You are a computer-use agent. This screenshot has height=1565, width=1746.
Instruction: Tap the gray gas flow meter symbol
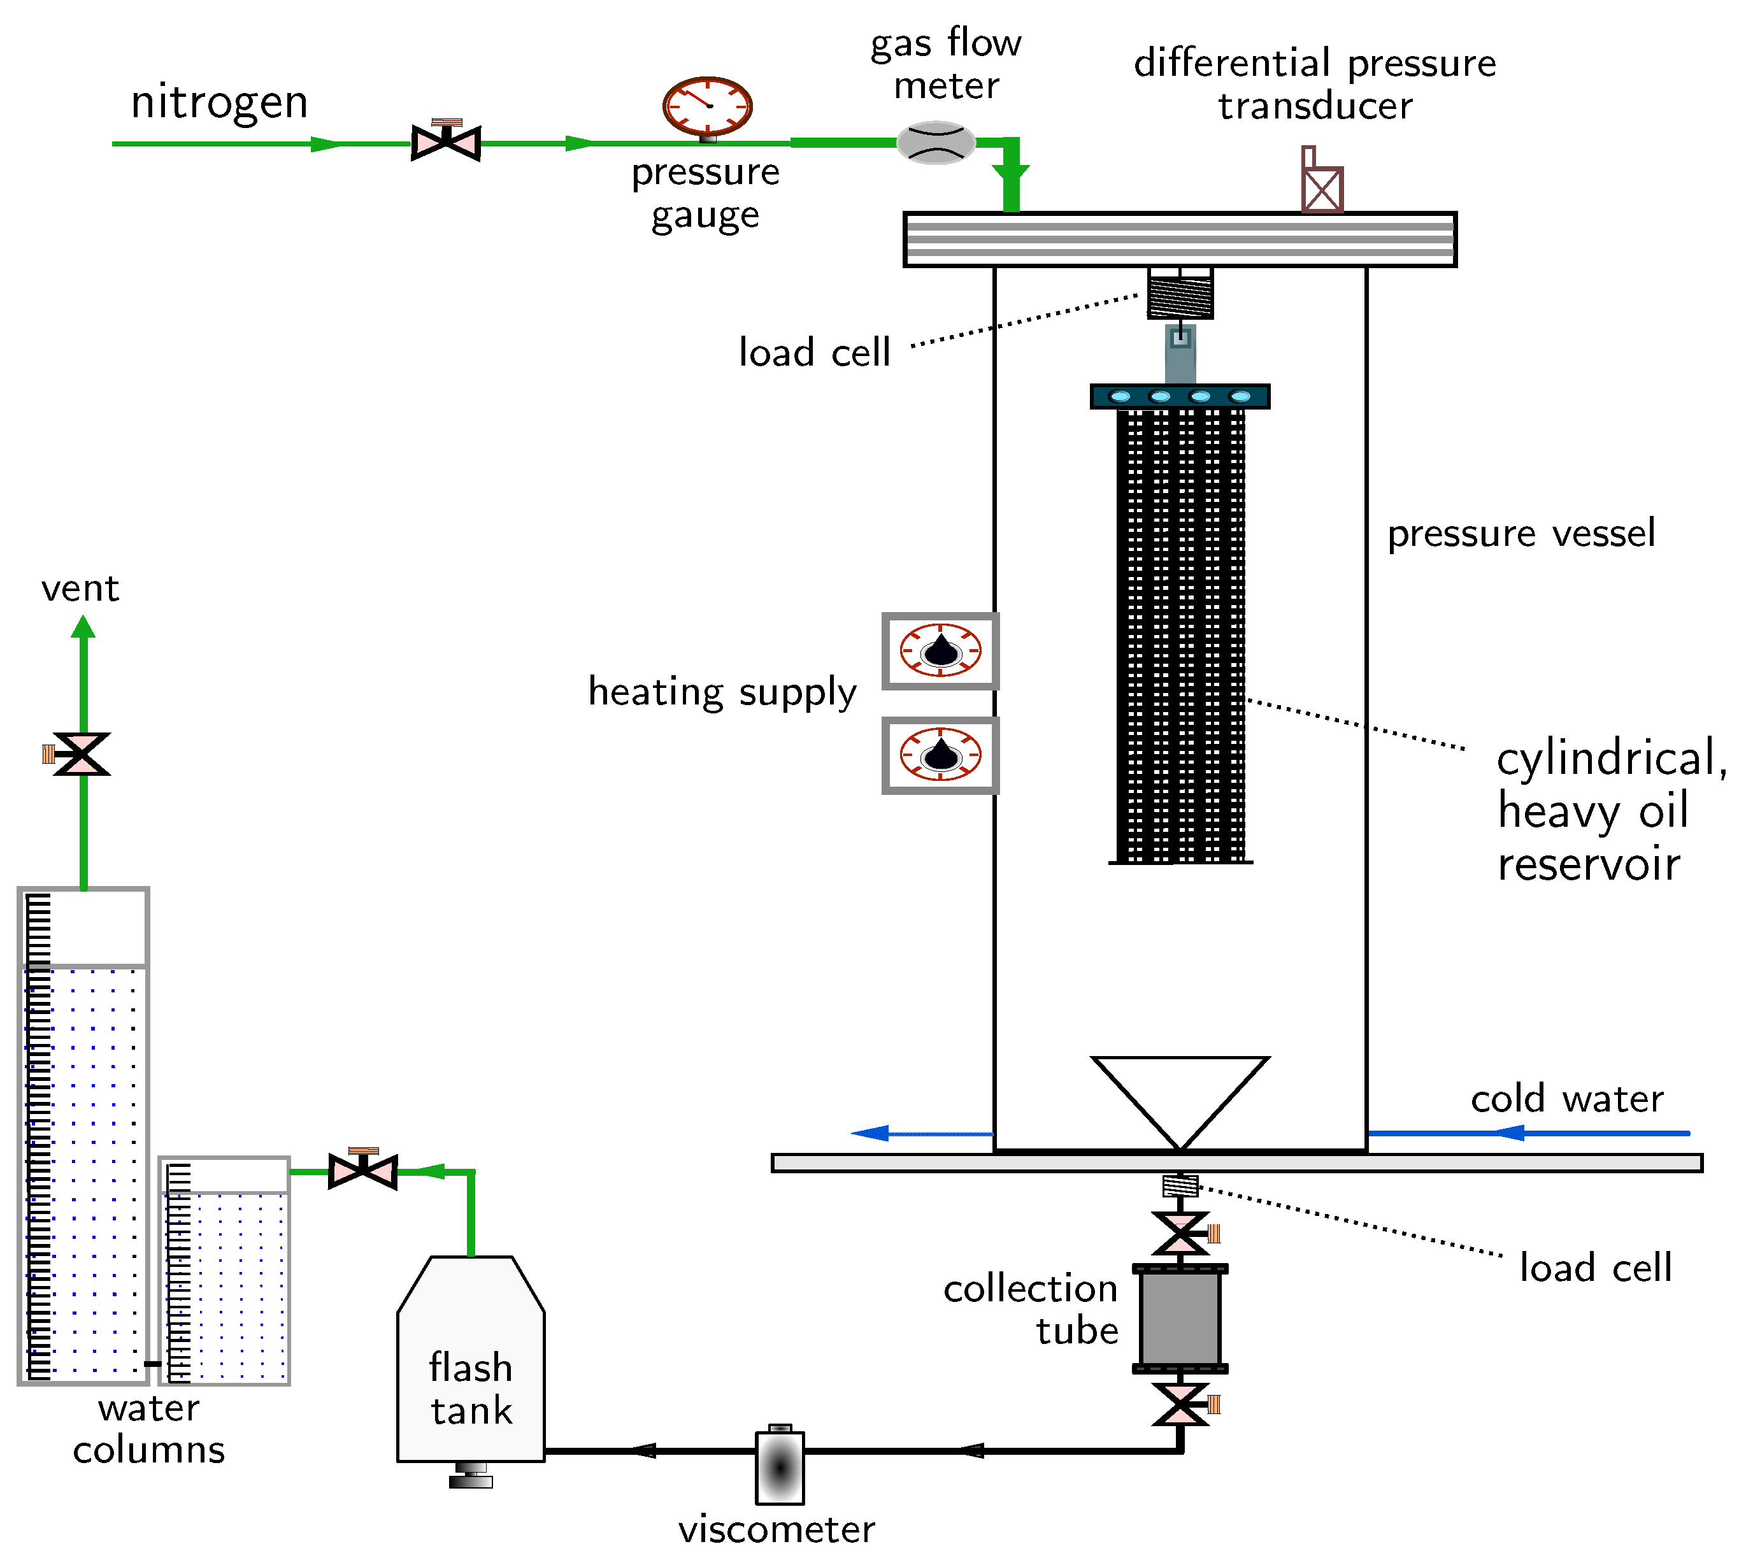pyautogui.click(x=936, y=143)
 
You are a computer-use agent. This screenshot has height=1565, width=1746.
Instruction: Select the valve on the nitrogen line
pyautogui.click(x=445, y=143)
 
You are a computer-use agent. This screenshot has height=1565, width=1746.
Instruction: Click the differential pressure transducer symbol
pyautogui.click(x=1321, y=187)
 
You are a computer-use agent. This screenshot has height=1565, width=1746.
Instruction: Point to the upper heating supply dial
pyautogui.click(x=940, y=651)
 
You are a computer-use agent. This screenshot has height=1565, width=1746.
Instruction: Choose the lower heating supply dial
pyautogui.click(x=940, y=755)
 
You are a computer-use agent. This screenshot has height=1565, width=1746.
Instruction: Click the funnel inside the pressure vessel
pyautogui.click(x=1179, y=1092)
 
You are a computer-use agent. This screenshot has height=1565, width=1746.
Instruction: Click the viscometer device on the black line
pyautogui.click(x=779, y=1468)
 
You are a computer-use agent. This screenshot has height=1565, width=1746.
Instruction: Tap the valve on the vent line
pyautogui.click(x=82, y=754)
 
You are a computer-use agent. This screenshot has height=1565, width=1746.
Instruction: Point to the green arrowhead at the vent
pyautogui.click(x=83, y=628)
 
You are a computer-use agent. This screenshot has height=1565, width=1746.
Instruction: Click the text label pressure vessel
pyautogui.click(x=1521, y=534)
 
